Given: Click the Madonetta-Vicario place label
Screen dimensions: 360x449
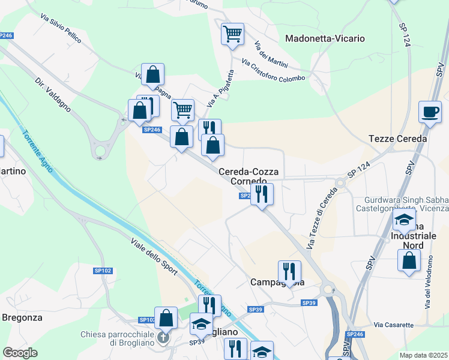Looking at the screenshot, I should coord(325,38).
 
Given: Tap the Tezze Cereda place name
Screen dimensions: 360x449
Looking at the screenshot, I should coord(397,139).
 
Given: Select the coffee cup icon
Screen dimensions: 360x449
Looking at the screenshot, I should coord(430,112).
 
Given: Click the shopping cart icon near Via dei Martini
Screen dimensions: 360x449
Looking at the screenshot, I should coord(232,34).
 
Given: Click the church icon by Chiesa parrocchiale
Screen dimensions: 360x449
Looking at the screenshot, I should coord(162,338).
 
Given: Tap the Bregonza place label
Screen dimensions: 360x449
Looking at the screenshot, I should coord(22,317).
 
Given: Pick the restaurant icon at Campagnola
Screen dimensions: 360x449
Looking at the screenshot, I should coord(289,272).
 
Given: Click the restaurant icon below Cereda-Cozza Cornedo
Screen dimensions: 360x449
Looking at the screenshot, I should coord(262,194).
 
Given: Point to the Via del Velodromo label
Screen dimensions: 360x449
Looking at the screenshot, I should coord(429,282).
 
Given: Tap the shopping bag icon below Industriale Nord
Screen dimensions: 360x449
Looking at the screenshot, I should coord(409,261).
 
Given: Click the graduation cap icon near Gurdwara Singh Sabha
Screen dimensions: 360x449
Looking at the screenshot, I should coord(405,220).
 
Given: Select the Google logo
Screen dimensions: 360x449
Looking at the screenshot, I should coord(20,352).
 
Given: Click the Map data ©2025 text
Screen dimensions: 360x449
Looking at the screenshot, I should coord(424,355).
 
